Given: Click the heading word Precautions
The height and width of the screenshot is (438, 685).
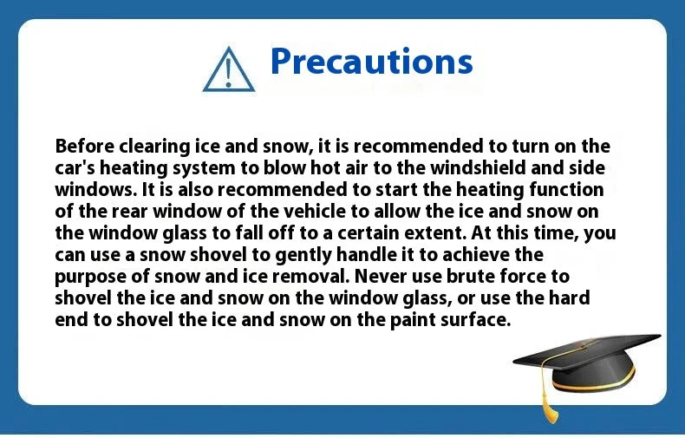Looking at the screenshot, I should (371, 61).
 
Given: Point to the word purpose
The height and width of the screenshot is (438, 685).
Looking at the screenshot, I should (89, 276).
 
